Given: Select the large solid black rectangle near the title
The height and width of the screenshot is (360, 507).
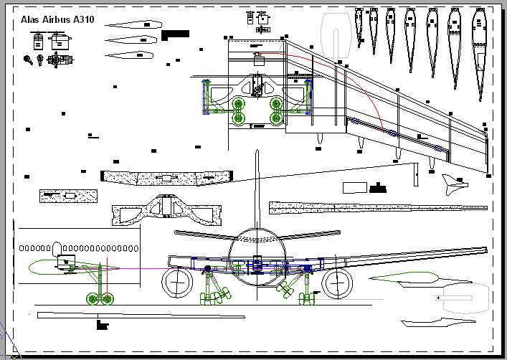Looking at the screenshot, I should click(175, 33).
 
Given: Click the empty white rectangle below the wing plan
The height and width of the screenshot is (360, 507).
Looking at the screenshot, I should click(354, 188).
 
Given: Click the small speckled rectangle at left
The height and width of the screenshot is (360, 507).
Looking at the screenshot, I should click(69, 195).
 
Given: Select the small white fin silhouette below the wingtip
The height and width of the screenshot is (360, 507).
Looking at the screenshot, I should click(452, 184).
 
